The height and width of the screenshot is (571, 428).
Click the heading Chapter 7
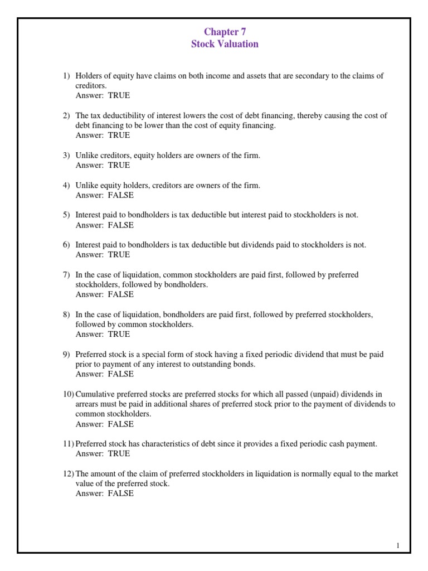click(225, 32)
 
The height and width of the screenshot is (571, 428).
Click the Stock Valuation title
click(225, 44)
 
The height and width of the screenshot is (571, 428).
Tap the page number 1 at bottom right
click(398, 546)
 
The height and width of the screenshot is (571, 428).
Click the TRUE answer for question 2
click(119, 136)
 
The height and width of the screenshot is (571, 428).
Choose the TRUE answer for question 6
click(119, 254)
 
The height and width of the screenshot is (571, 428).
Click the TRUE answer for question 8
click(119, 334)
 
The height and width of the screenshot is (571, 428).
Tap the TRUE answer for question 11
click(119, 454)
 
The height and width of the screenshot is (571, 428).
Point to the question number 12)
click(68, 474)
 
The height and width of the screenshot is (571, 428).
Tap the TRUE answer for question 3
click(119, 165)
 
